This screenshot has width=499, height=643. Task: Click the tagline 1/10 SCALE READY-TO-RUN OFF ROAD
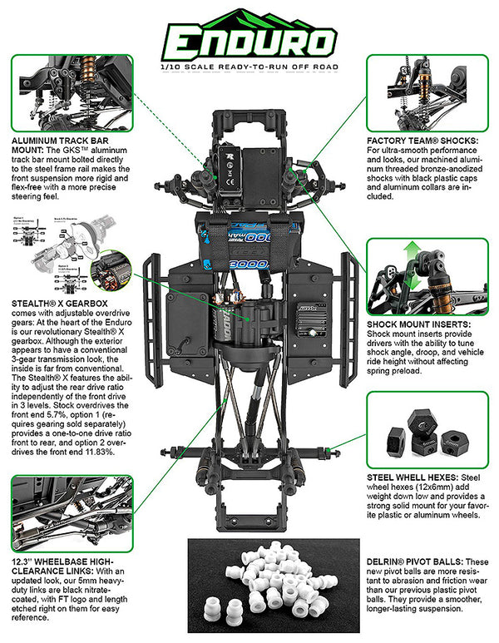[x=249, y=65]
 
